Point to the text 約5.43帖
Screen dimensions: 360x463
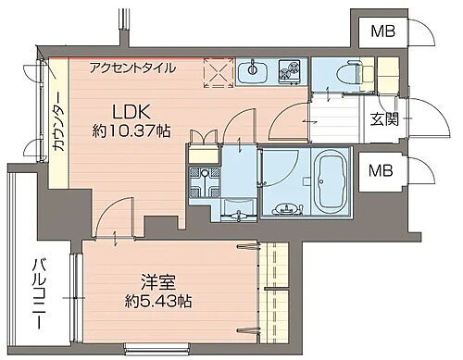point(159,301)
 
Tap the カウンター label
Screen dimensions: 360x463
point(57,128)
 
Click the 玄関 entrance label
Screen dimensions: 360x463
point(385,119)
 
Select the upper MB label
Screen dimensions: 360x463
point(381,32)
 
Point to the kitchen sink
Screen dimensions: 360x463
point(250,71)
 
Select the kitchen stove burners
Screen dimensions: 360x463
point(288,71)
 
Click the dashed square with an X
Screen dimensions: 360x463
point(217,72)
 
